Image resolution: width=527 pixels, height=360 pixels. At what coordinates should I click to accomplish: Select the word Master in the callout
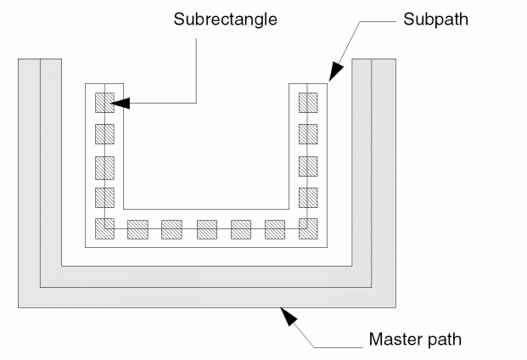(x=390, y=340)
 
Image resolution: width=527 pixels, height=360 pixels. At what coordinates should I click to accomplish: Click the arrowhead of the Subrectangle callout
(x=121, y=103)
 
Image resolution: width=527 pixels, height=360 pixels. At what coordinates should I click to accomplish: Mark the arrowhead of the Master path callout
(x=289, y=316)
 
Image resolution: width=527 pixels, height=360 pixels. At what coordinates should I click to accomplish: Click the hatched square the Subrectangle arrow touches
(x=104, y=103)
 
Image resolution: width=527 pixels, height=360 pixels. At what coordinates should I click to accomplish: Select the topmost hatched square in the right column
(x=308, y=103)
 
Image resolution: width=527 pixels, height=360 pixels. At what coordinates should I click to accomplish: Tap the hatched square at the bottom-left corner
(x=104, y=229)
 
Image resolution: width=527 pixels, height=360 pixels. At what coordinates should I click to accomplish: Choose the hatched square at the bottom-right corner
(x=308, y=229)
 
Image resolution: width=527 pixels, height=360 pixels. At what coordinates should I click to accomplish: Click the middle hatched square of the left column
(x=104, y=166)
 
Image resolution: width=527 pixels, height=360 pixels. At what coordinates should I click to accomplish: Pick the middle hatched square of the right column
(x=308, y=166)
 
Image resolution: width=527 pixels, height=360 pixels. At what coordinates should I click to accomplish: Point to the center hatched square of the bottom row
(x=207, y=229)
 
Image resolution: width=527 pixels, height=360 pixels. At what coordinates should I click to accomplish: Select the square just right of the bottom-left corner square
(x=137, y=229)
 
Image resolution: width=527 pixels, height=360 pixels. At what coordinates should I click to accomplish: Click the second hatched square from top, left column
(x=104, y=134)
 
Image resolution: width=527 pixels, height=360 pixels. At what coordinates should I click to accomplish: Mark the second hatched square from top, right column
(x=308, y=134)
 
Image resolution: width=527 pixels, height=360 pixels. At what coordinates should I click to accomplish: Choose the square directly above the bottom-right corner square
(x=308, y=197)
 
